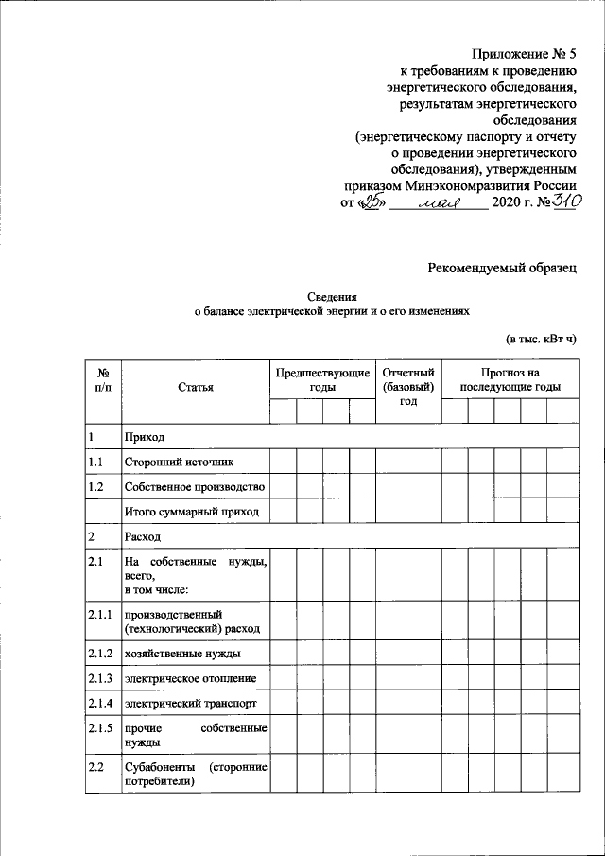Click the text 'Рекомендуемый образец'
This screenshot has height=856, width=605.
(x=502, y=271)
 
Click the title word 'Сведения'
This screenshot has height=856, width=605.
(x=331, y=296)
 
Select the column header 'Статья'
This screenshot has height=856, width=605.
(x=196, y=387)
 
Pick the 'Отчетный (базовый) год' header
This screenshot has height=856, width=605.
(x=407, y=387)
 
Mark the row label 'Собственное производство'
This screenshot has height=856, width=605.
(x=195, y=486)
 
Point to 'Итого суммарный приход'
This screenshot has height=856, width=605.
(x=191, y=512)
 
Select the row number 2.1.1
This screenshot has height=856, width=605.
(x=100, y=615)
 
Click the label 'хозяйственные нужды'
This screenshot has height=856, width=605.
(x=181, y=654)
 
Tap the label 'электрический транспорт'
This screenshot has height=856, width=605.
(x=191, y=703)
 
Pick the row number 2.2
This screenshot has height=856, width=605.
(x=95, y=764)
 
